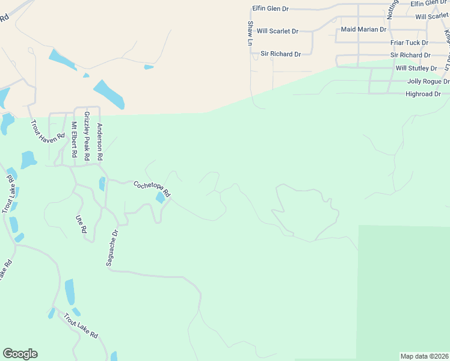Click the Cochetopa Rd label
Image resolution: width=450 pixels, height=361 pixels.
(152, 190)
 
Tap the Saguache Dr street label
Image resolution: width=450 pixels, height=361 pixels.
(115, 245)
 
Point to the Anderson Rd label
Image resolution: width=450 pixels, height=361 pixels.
(100, 141)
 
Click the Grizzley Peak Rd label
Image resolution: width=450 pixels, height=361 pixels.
(87, 135)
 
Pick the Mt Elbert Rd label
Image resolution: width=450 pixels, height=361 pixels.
(74, 140)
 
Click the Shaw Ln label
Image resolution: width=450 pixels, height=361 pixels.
(250, 33)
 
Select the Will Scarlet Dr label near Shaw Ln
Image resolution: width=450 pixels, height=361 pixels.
(277, 31)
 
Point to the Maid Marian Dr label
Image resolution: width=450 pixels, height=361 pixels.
(363, 29)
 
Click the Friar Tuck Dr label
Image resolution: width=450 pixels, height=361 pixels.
(409, 43)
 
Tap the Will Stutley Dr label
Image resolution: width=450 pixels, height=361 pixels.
(416, 69)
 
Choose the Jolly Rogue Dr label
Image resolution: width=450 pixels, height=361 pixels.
(428, 81)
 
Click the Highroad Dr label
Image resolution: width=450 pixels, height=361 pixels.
(423, 94)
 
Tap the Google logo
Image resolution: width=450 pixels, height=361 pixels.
(20, 354)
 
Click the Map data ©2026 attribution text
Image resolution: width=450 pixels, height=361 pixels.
(425, 356)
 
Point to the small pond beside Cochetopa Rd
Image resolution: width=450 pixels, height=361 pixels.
(161, 197)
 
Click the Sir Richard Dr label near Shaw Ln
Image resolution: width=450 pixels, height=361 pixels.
(280, 54)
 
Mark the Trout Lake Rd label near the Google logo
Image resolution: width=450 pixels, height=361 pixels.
(81, 324)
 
